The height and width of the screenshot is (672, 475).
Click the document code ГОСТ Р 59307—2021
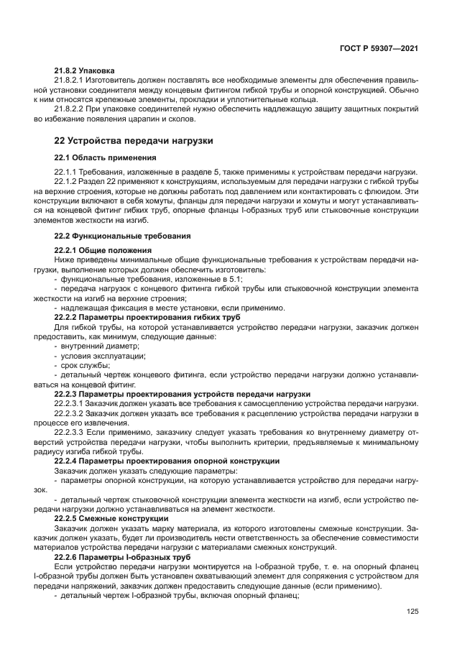click(379, 48)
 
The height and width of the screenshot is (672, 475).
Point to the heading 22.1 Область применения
click(105, 157)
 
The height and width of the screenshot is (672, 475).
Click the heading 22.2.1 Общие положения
click(101, 250)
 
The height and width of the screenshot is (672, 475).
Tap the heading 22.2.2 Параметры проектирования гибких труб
click(147, 317)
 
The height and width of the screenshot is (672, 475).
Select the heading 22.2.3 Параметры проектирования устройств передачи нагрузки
click(183, 394)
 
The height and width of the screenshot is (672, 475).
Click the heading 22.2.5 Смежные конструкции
click(112, 518)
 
